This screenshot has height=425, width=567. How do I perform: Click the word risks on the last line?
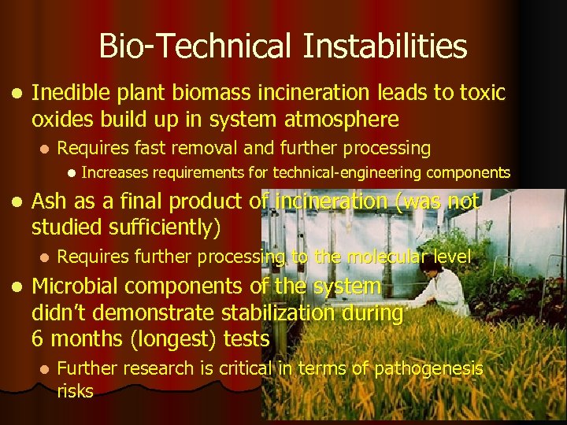[75, 391]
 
